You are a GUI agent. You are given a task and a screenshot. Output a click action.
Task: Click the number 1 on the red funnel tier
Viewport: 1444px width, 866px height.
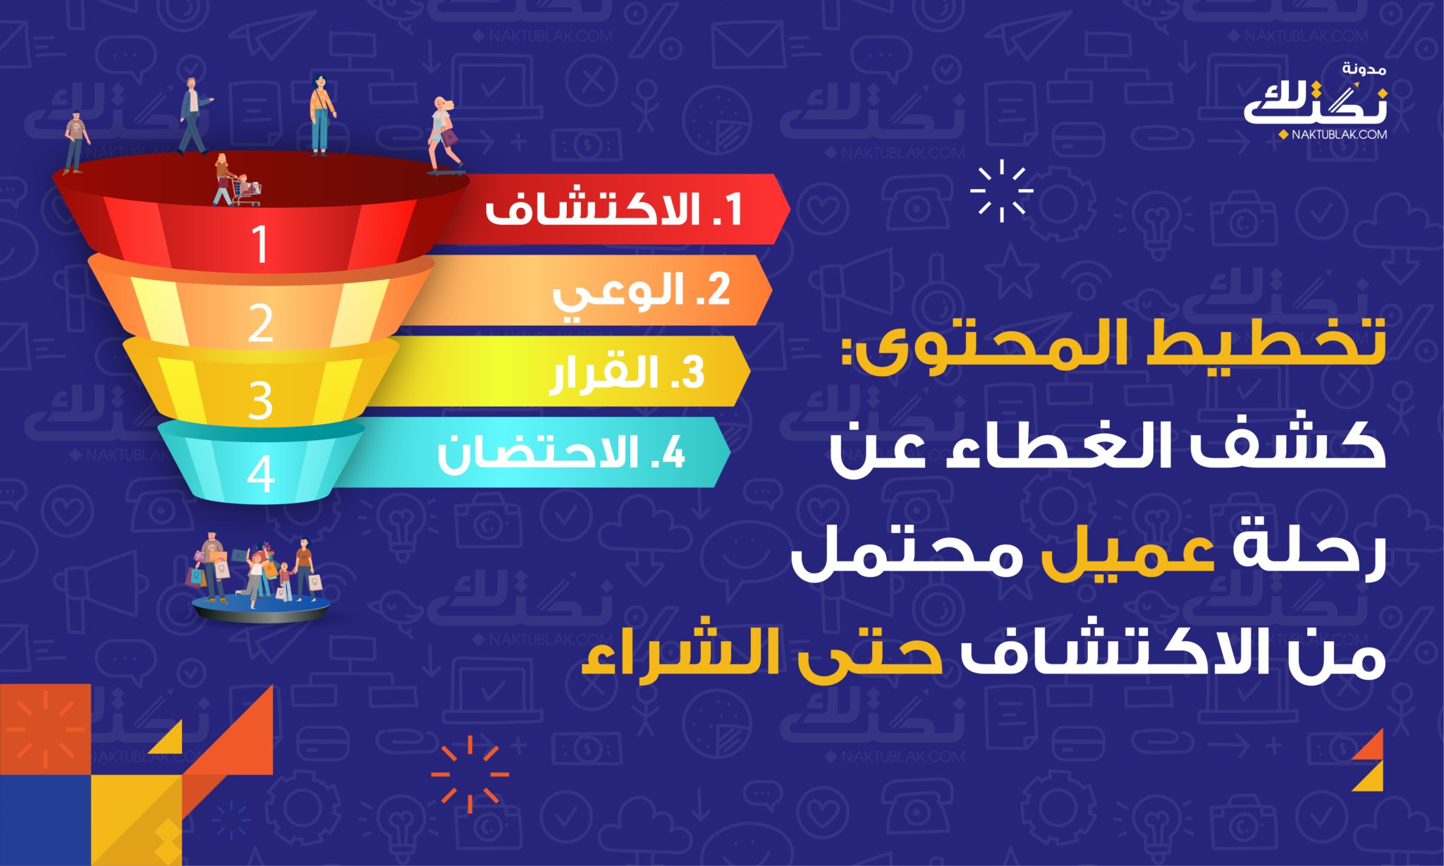pyautogui.click(x=260, y=245)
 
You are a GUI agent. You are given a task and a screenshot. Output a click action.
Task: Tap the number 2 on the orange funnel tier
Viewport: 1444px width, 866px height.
pyautogui.click(x=260, y=323)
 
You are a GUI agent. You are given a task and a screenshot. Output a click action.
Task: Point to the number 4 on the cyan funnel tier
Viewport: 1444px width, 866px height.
pyautogui.click(x=260, y=474)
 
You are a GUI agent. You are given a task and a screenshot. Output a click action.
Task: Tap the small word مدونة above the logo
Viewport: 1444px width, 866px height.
pyautogui.click(x=1364, y=69)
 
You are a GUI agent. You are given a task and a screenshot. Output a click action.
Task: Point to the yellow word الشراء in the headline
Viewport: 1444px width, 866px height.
pyautogui.click(x=680, y=652)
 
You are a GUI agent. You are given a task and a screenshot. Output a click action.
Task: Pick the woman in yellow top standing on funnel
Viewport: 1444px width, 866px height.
pyautogui.click(x=322, y=114)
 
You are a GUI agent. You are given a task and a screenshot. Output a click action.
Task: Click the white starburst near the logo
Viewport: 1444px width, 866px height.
pyautogui.click(x=1002, y=190)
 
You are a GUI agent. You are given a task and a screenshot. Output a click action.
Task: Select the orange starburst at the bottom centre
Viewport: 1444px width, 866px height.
pyautogui.click(x=470, y=774)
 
